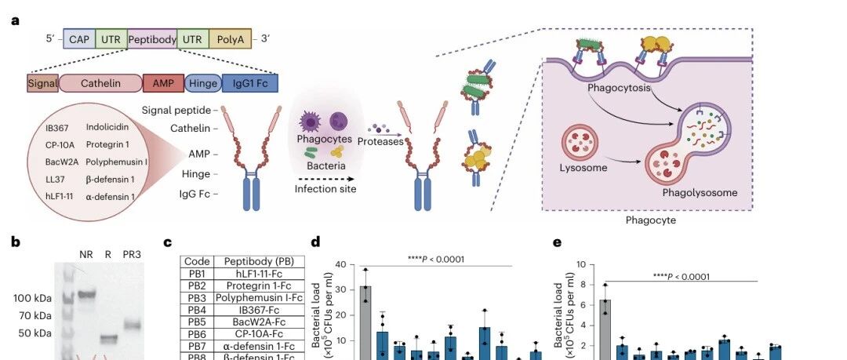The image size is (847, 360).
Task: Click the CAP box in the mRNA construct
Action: (78, 37)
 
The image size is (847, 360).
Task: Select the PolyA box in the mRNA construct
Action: (230, 37)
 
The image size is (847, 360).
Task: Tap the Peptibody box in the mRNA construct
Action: (151, 37)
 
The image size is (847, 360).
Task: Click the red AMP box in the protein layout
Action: (163, 83)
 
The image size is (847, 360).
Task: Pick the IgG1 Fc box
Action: (249, 83)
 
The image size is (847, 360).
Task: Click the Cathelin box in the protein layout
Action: (100, 83)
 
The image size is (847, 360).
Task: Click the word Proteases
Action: (380, 141)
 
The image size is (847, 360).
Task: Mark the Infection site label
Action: (325, 188)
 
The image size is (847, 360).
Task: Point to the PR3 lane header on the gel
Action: (132, 254)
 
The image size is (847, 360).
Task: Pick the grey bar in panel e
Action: (605, 329)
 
